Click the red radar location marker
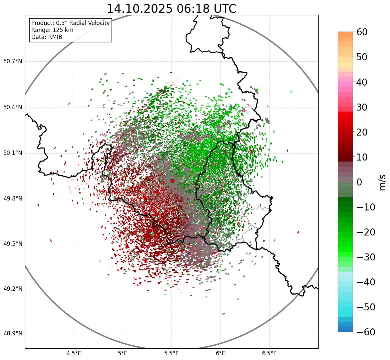click(172, 181)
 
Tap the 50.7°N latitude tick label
click(13, 62)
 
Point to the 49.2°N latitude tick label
click(13, 289)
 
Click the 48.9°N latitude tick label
click(13, 334)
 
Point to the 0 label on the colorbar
click(359, 182)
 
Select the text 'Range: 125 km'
click(52, 30)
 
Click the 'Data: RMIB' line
click(47, 37)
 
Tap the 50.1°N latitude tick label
click(13, 153)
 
